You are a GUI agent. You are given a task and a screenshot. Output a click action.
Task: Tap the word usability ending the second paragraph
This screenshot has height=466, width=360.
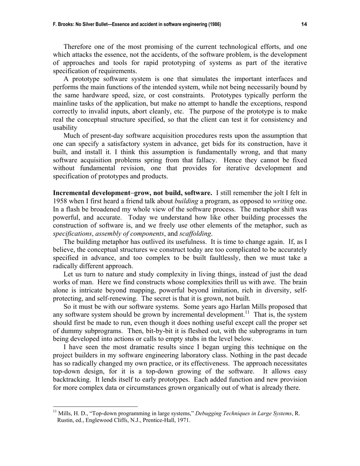[x=65, y=128]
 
